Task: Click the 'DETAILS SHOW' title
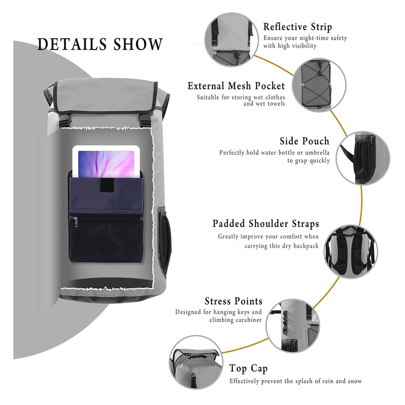click(x=100, y=44)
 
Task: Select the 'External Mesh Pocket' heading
click(x=236, y=86)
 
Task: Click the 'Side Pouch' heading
click(x=304, y=142)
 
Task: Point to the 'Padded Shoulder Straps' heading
click(x=266, y=224)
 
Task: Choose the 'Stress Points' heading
click(x=233, y=301)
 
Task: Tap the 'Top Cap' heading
click(x=248, y=368)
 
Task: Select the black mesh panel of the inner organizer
click(x=107, y=243)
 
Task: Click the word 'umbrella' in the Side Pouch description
click(x=314, y=153)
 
